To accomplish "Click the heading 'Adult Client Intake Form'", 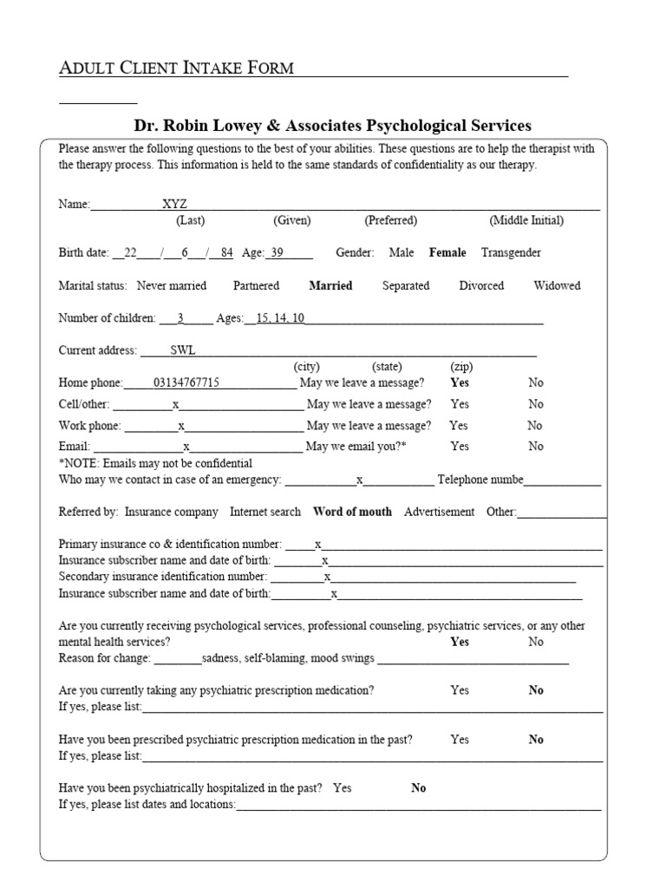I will tap(176, 68).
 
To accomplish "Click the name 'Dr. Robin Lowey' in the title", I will tap(190, 126).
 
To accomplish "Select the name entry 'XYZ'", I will tap(174, 205).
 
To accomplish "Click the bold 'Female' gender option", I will tap(447, 253).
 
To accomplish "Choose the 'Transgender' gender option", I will tap(511, 253).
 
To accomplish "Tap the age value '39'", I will tap(277, 253).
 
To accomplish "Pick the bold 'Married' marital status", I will tap(330, 286).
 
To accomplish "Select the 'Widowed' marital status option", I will tap(557, 286).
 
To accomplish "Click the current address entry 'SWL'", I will tap(183, 351).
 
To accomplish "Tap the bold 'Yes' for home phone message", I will tap(460, 382).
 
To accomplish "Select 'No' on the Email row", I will tap(536, 447).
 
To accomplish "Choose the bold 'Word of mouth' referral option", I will tap(352, 512).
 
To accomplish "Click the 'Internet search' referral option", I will tap(265, 512).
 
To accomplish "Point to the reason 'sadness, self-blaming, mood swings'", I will tap(288, 658).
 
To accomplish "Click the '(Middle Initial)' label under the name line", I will tap(526, 220).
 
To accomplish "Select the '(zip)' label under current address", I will tap(460, 367).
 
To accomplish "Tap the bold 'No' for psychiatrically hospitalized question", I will tap(419, 788).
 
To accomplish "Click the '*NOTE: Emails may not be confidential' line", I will tap(155, 463).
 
